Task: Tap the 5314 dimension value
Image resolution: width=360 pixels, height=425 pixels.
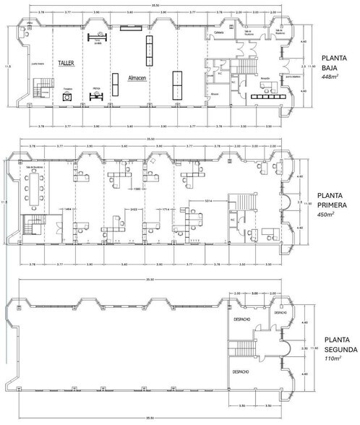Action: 208,199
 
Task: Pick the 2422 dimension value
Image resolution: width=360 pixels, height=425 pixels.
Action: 133,209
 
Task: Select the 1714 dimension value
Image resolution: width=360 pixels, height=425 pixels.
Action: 166,209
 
